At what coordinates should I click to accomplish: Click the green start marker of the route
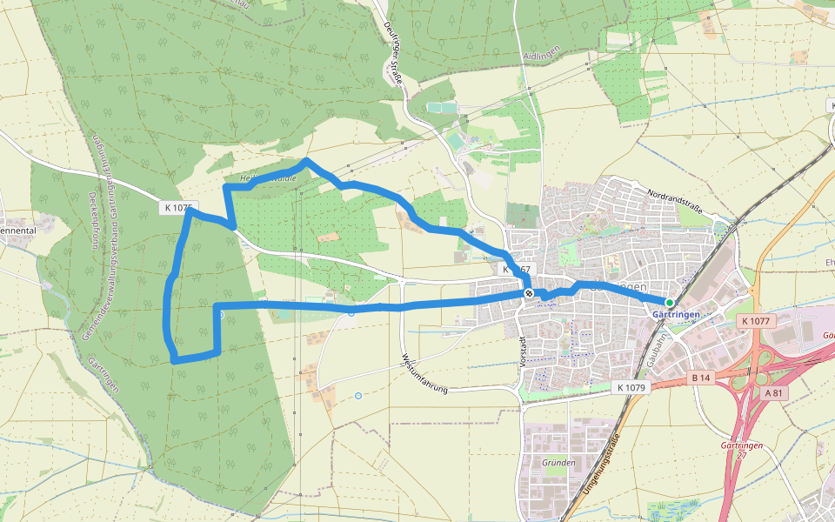pos(669,302)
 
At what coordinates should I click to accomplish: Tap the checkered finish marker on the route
pos(528,294)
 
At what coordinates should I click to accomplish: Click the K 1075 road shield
pos(176,208)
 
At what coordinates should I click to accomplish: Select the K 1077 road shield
pos(755,321)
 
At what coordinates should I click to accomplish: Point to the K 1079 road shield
pos(632,386)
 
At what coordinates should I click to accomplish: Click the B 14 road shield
pos(701,378)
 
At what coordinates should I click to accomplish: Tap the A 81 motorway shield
pos(773,392)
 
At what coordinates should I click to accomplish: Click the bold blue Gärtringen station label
pos(676,314)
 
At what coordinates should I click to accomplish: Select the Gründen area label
pos(558,462)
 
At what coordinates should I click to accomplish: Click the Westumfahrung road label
pos(424,374)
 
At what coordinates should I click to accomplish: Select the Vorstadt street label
pos(524,351)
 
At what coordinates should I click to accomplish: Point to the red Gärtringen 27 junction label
pos(742,450)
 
